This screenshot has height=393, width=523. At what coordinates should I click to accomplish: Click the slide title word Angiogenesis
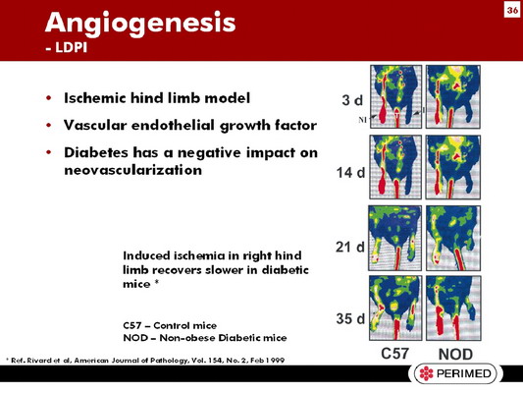coord(140,24)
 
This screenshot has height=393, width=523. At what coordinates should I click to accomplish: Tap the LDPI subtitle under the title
coord(66,47)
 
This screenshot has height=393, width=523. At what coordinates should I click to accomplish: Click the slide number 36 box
coord(512,11)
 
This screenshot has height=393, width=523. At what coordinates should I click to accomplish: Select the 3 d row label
coord(352,100)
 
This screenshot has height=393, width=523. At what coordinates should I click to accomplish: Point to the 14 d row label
coord(350,173)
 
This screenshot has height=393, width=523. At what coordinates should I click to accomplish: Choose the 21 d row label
coord(350,247)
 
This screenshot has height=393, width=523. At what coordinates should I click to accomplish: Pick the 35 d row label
coord(350,318)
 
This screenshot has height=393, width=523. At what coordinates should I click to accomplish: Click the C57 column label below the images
coord(394,354)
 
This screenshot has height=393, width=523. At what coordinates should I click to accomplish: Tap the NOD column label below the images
coord(455,355)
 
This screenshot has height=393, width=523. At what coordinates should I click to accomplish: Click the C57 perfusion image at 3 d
coord(395,96)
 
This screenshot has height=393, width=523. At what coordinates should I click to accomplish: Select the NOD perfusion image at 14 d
coord(453,167)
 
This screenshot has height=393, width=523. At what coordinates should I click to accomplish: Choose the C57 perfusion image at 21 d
coord(394,238)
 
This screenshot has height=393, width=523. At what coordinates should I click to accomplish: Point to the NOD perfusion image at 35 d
coord(453,309)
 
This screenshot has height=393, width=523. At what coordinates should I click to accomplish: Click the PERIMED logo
coord(455,373)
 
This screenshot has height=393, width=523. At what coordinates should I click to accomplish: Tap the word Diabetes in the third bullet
coord(96,152)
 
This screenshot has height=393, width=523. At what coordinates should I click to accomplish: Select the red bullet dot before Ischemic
coord(49,98)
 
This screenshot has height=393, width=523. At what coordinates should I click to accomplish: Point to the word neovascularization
coord(133,170)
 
